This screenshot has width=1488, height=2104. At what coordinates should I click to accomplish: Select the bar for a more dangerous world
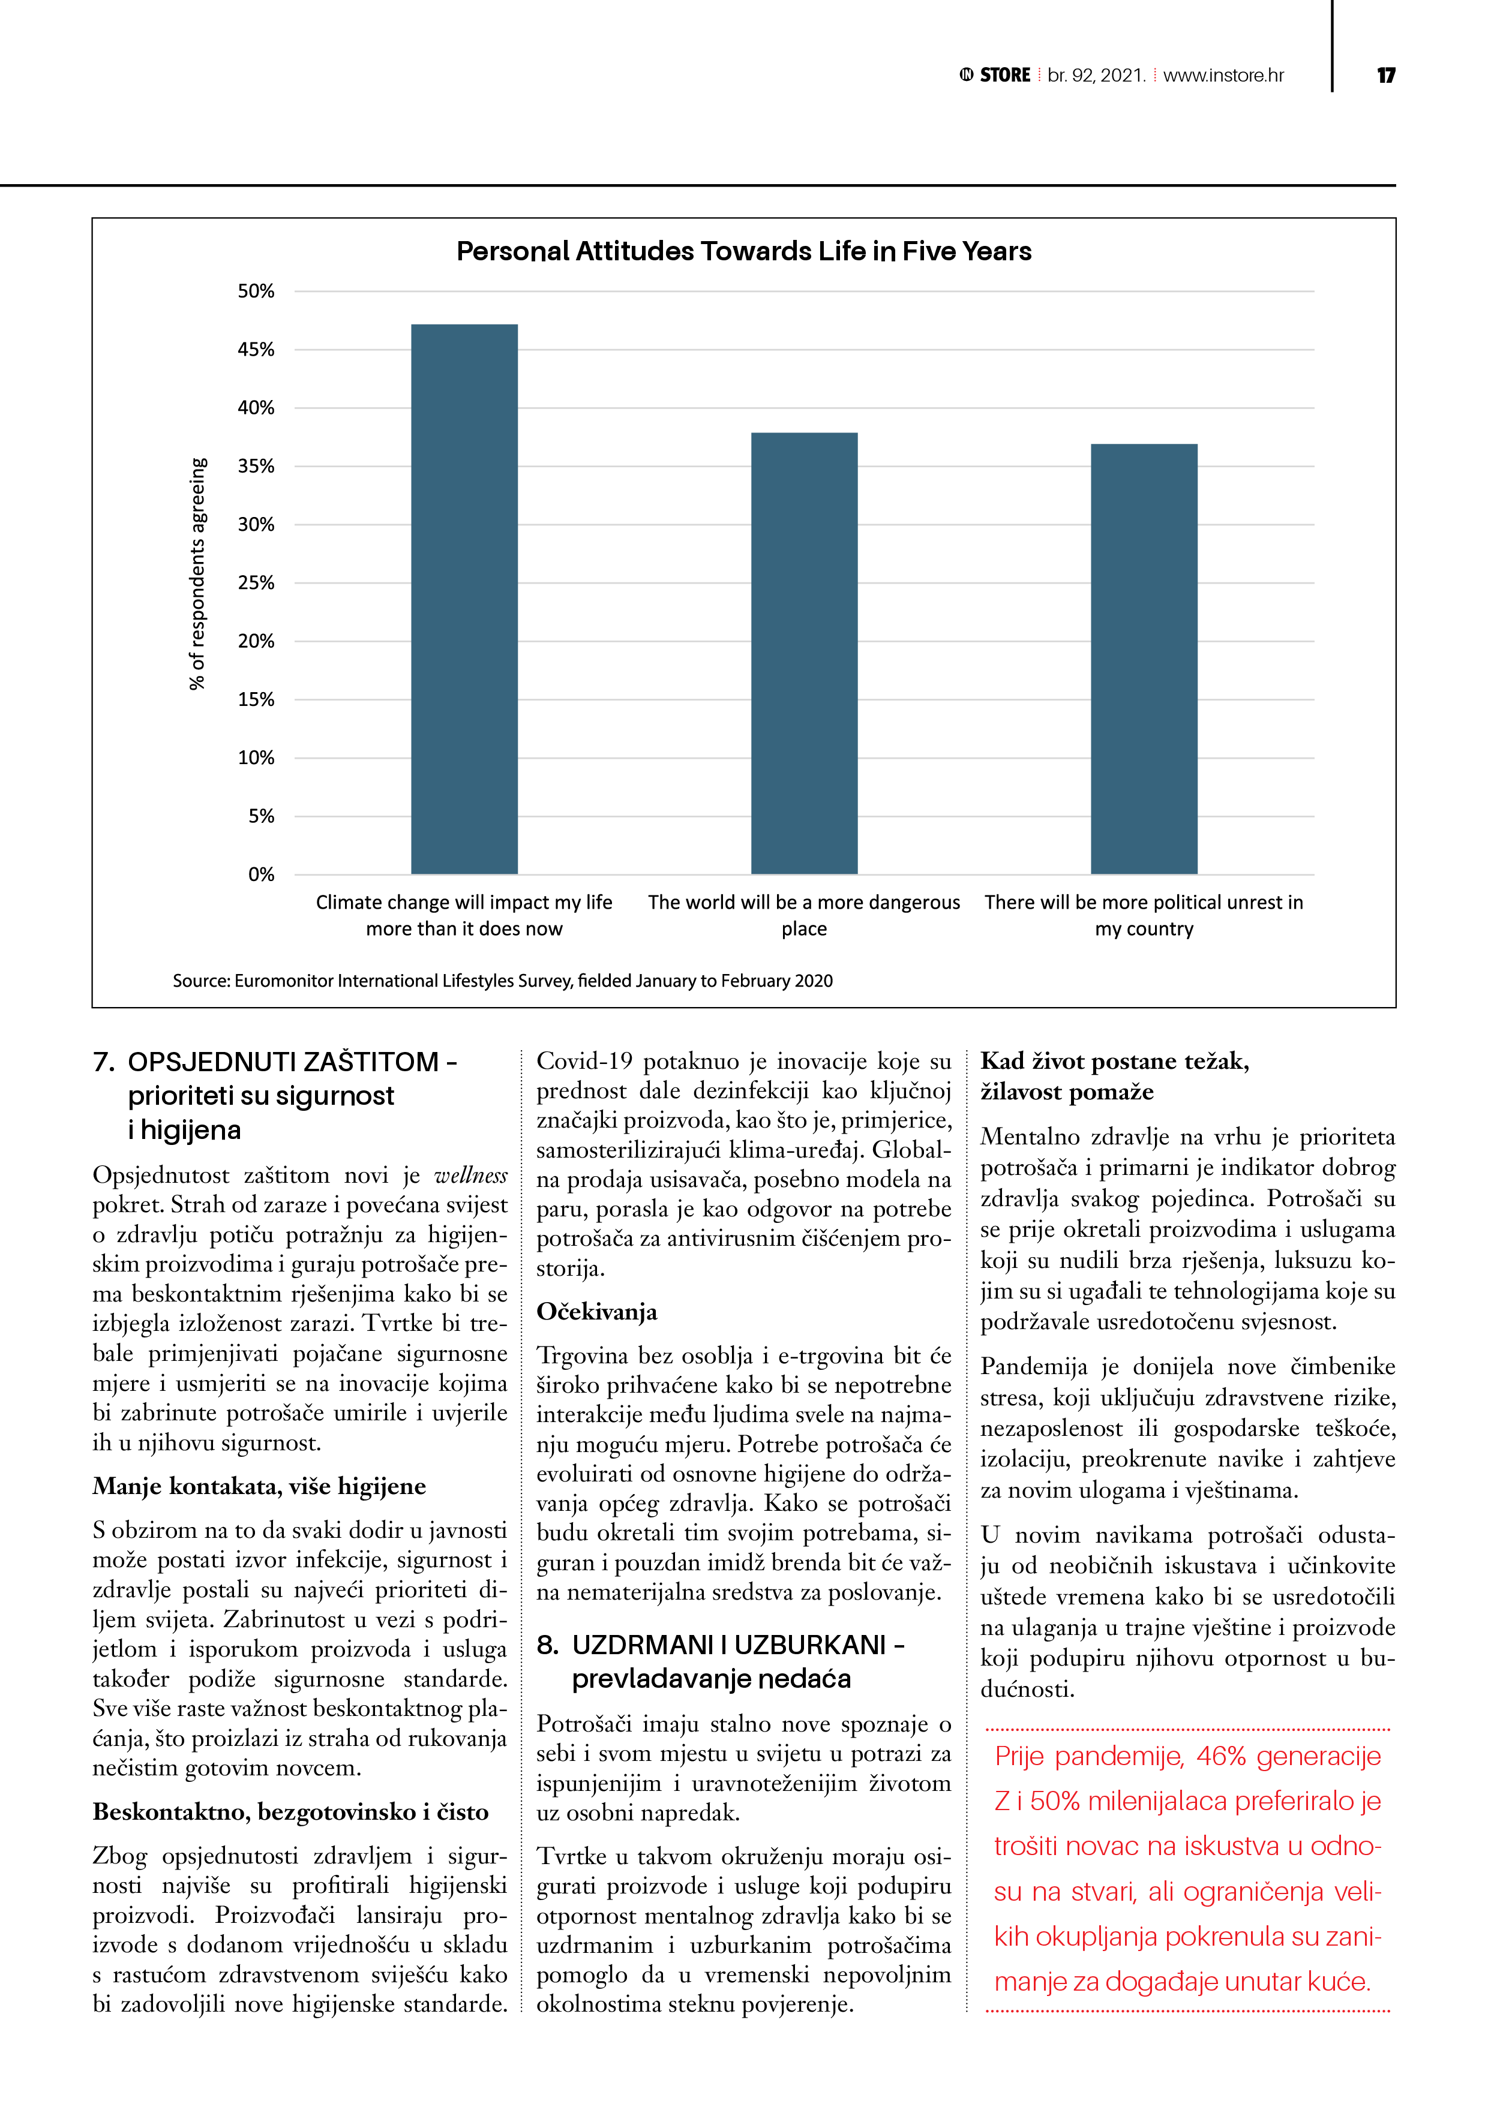[804, 653]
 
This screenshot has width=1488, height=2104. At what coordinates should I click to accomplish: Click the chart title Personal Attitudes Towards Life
[743, 251]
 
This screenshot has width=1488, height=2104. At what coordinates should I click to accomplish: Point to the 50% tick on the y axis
[256, 291]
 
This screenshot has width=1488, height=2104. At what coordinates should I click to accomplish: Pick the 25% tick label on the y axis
[256, 583]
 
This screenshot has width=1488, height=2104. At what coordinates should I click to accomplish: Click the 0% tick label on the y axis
[261, 874]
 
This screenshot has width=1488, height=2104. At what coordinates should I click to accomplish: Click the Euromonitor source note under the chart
[502, 981]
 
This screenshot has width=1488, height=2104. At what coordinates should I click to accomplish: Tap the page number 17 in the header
[1385, 75]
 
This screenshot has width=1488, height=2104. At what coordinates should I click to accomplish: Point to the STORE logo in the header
[995, 75]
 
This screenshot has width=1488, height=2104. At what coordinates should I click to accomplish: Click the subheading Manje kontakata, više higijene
[259, 1486]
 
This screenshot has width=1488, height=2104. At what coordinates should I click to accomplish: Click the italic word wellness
[470, 1176]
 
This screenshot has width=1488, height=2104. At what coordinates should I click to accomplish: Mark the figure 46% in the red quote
[1221, 1757]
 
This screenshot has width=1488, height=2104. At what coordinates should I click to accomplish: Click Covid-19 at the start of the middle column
[584, 1061]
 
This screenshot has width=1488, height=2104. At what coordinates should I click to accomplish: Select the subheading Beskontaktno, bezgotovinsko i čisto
[290, 1812]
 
